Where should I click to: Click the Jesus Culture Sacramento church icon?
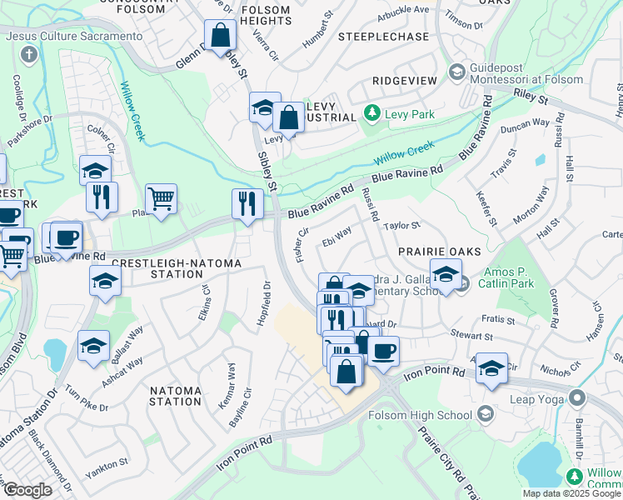[29, 56]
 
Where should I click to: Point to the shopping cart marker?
[162, 199]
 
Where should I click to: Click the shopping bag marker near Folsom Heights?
[221, 36]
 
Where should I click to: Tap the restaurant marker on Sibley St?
[247, 205]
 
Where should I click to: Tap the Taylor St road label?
[402, 225]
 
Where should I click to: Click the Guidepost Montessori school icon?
[456, 72]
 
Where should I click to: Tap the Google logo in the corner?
[27, 490]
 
